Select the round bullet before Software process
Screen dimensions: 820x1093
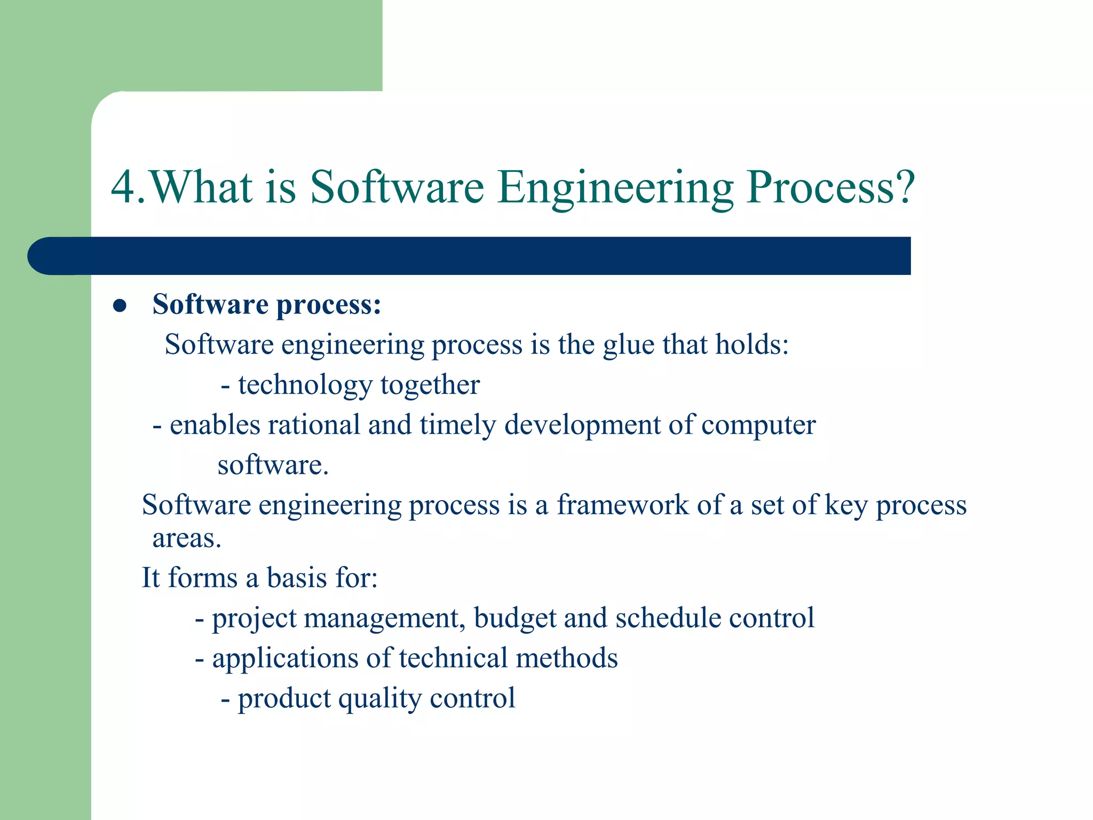120,306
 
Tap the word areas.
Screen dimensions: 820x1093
186,538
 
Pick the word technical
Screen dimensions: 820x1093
453,658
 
